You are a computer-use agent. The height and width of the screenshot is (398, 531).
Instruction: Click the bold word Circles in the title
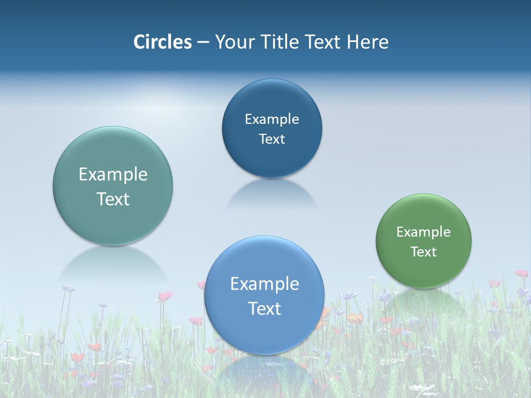pos(163,42)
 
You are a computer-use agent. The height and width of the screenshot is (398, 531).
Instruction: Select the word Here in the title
pos(367,42)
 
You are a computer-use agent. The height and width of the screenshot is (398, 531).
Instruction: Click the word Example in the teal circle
pos(113,175)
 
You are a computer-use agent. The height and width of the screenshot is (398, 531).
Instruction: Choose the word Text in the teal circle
pos(113,200)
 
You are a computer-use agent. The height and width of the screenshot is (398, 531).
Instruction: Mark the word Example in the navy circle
pos(272,119)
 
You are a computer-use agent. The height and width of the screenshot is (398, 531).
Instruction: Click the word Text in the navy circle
pos(272,139)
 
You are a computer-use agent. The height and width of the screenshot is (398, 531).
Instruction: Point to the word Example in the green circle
pos(424,232)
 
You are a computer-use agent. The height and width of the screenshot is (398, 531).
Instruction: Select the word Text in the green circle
pos(424,252)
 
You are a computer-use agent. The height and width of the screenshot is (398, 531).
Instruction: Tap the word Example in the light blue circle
pos(264,284)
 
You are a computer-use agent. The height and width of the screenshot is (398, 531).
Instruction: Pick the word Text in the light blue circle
pos(264,309)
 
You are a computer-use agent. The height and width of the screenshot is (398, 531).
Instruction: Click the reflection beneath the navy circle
pos(272,193)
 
